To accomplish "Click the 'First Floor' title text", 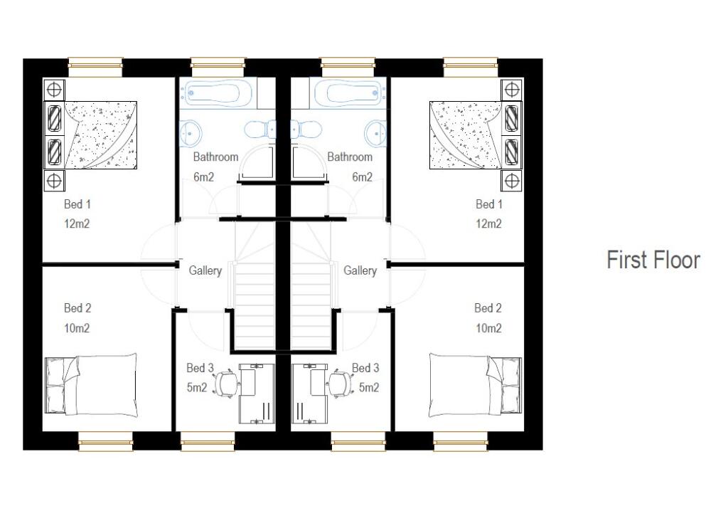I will (653, 260).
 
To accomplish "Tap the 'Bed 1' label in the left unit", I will (77, 204).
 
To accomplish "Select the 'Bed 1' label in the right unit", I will (488, 204).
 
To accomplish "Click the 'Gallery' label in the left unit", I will (205, 270).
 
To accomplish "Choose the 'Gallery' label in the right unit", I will (360, 270).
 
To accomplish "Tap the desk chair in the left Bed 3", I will (227, 383).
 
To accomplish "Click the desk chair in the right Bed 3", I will (338, 383).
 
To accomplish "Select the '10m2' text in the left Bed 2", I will (77, 328).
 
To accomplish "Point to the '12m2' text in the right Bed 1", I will (488, 223).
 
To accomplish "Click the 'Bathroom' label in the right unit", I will (349, 157).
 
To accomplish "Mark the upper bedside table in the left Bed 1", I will (54, 90).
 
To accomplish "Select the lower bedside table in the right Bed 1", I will (512, 181).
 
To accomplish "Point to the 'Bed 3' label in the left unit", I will (200, 368).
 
